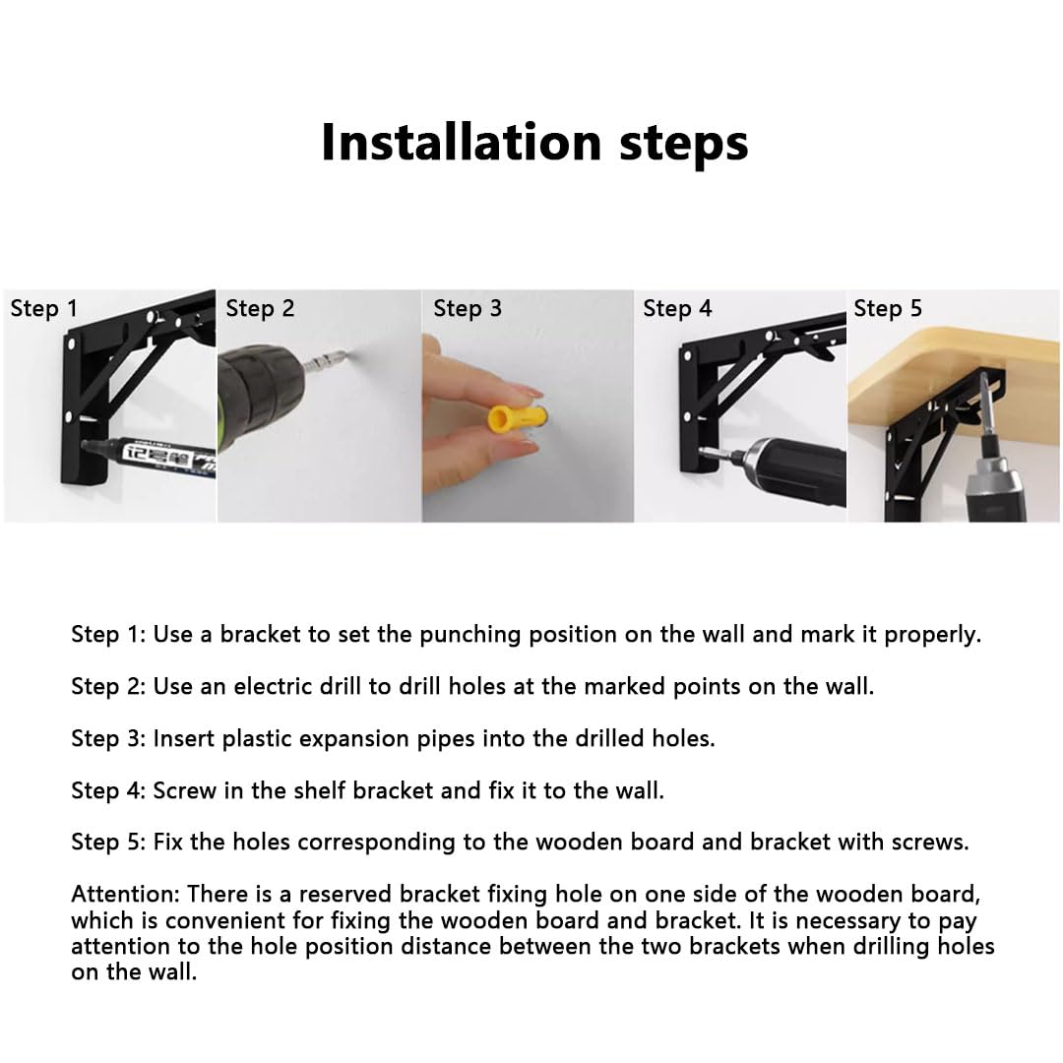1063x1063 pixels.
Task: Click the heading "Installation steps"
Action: click(534, 143)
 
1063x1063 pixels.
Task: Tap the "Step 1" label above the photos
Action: click(44, 308)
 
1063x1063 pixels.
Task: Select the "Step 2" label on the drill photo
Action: click(260, 308)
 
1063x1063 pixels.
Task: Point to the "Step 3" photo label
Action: click(468, 308)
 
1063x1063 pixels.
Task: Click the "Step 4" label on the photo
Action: click(677, 308)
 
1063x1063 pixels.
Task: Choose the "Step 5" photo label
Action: click(888, 308)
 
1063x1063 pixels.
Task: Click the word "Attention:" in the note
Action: click(125, 894)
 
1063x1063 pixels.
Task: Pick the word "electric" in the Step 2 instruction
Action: click(274, 687)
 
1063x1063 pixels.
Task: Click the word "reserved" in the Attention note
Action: click(345, 894)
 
